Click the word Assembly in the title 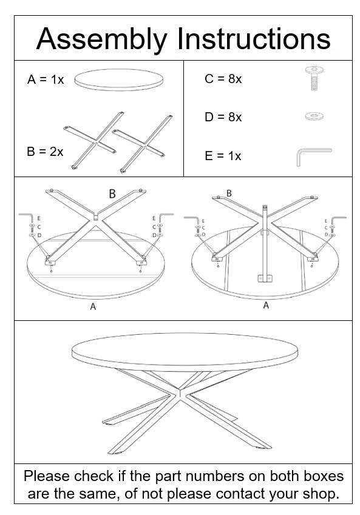[102, 39]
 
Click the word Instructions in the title [254, 39]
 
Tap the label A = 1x [46, 79]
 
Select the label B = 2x [45, 152]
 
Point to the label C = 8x [223, 79]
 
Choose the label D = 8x [223, 117]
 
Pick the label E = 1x [223, 156]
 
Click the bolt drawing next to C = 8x [313, 79]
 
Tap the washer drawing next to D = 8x [313, 116]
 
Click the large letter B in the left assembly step [112, 194]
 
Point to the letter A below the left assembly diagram [93, 307]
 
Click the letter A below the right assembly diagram [265, 306]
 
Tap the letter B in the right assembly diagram [229, 193]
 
